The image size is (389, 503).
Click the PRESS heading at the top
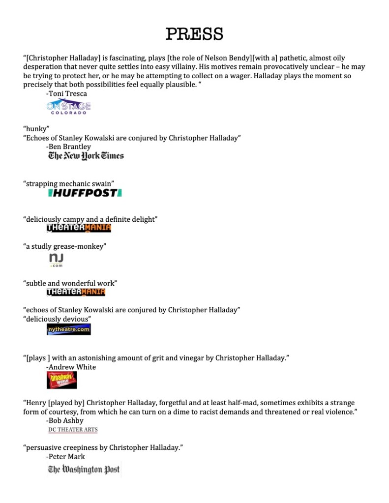[x=194, y=34]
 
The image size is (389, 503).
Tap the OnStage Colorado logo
[x=68, y=107]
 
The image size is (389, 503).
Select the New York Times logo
[x=86, y=156]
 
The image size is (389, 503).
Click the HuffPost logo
[x=85, y=193]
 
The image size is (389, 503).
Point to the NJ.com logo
[x=57, y=260]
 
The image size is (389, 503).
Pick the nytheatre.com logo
[x=68, y=329]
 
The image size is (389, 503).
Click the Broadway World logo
[x=61, y=380]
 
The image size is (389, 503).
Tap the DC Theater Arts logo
[x=73, y=430]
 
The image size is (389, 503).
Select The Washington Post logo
[x=84, y=469]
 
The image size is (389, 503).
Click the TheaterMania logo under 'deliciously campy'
[x=79, y=228]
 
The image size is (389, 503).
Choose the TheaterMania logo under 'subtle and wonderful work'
[x=76, y=292]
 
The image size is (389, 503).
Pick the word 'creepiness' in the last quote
[x=80, y=447]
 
